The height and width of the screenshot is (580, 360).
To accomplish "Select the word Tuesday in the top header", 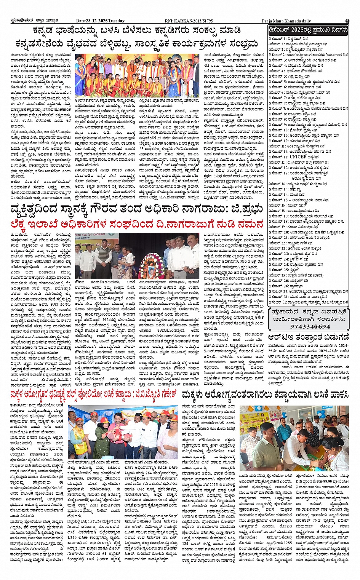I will point(117,21).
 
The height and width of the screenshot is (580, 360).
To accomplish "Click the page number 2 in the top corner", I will point(347,21).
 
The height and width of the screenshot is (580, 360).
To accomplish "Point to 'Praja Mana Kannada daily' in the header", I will point(286,21).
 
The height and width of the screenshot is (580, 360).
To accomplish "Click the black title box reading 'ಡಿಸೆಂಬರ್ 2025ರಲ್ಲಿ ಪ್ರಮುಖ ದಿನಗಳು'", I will point(308,30).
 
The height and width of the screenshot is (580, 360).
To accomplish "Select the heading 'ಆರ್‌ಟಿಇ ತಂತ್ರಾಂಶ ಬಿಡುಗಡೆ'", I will point(308,337).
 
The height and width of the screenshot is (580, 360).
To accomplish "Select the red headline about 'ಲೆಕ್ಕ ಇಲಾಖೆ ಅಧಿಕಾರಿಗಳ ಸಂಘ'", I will point(137,224).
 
